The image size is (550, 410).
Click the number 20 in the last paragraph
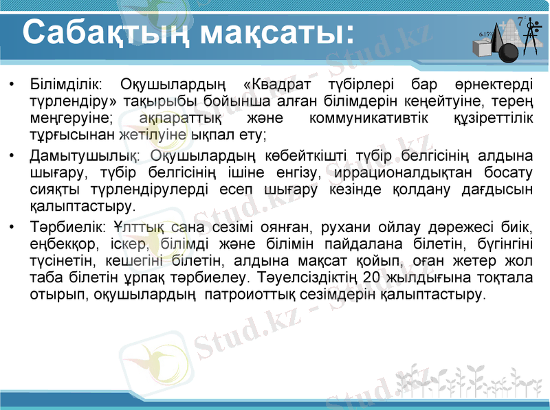point(371,278)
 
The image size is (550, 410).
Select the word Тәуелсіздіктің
point(307,278)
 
